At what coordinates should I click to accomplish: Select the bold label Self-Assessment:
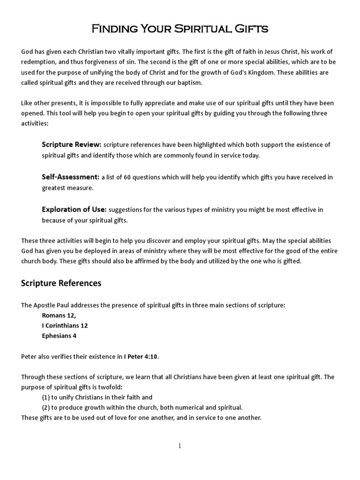(x=70, y=177)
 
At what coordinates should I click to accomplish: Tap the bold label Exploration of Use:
(x=74, y=210)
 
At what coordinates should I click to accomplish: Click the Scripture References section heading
(x=61, y=283)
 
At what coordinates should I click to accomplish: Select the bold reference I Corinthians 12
(x=65, y=325)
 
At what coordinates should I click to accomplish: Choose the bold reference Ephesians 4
(x=59, y=336)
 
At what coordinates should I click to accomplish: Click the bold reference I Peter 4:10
(x=141, y=357)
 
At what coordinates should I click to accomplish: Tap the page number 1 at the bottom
(x=180, y=446)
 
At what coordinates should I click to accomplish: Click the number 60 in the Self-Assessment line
(x=128, y=177)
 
